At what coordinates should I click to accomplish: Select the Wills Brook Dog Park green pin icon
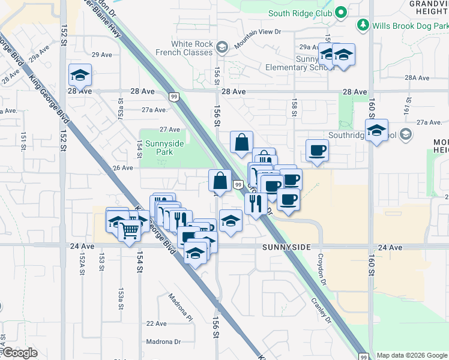pyautogui.click(x=363, y=25)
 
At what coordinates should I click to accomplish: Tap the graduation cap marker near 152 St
pyautogui.click(x=80, y=75)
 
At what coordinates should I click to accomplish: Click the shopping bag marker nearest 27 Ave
pyautogui.click(x=241, y=143)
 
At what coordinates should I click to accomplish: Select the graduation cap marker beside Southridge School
pyautogui.click(x=376, y=130)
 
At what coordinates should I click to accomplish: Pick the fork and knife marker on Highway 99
pyautogui.click(x=256, y=203)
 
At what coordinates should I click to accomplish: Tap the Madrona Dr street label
pyautogui.click(x=164, y=341)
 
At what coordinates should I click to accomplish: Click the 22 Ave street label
pyautogui.click(x=156, y=323)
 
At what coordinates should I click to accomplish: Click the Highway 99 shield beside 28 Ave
pyautogui.click(x=173, y=96)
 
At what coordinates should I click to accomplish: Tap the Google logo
pyautogui.click(x=19, y=353)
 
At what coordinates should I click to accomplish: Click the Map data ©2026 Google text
pyautogui.click(x=411, y=355)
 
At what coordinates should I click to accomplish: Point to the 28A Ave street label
pyautogui.click(x=417, y=78)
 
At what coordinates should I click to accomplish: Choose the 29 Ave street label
pyautogui.click(x=102, y=55)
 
